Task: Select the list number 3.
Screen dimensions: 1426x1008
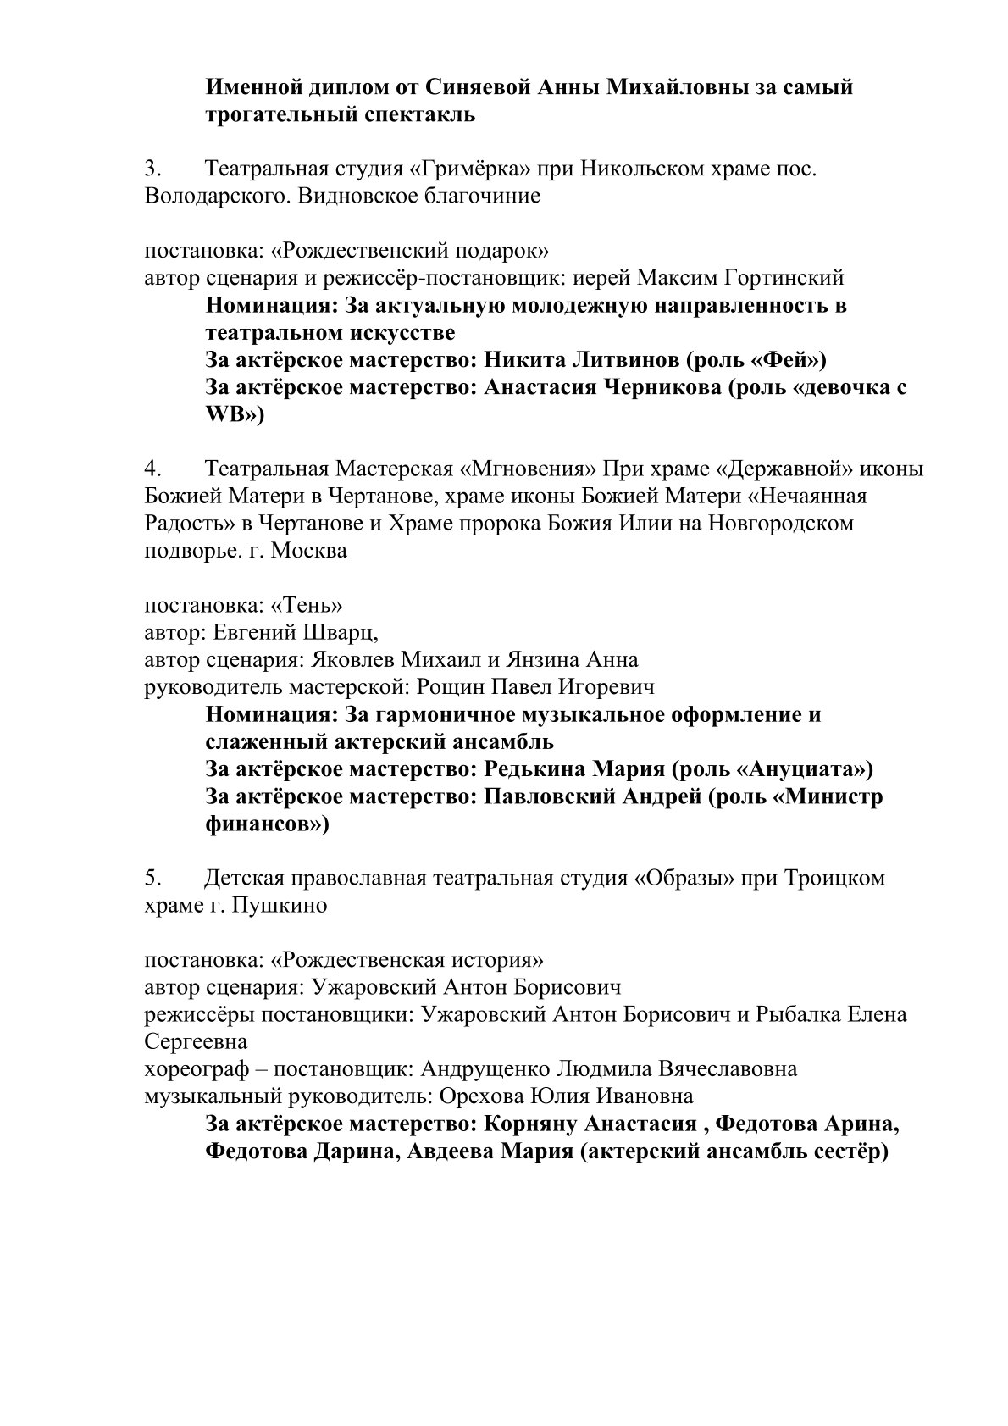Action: tap(152, 169)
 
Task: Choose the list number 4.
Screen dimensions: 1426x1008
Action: tap(152, 469)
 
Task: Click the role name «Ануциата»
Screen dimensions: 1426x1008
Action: tap(806, 768)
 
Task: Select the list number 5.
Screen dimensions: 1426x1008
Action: tap(152, 878)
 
